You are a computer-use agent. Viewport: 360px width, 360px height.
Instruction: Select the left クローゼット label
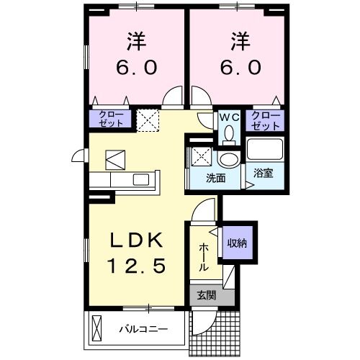(x=111, y=118)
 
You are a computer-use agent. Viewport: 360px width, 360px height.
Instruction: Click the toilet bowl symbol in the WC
(x=228, y=133)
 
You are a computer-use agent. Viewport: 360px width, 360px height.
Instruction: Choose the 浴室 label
(x=262, y=174)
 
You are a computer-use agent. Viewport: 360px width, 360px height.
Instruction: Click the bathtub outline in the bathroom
(x=265, y=150)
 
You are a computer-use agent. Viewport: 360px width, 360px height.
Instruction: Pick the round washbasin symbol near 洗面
(x=230, y=158)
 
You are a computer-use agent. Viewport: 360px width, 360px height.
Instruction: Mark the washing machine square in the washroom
(x=199, y=154)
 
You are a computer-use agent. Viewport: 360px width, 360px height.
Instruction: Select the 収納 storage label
(x=238, y=243)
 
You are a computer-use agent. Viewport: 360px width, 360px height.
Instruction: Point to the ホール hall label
(x=204, y=255)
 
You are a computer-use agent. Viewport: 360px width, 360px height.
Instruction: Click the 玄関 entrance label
(x=203, y=294)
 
